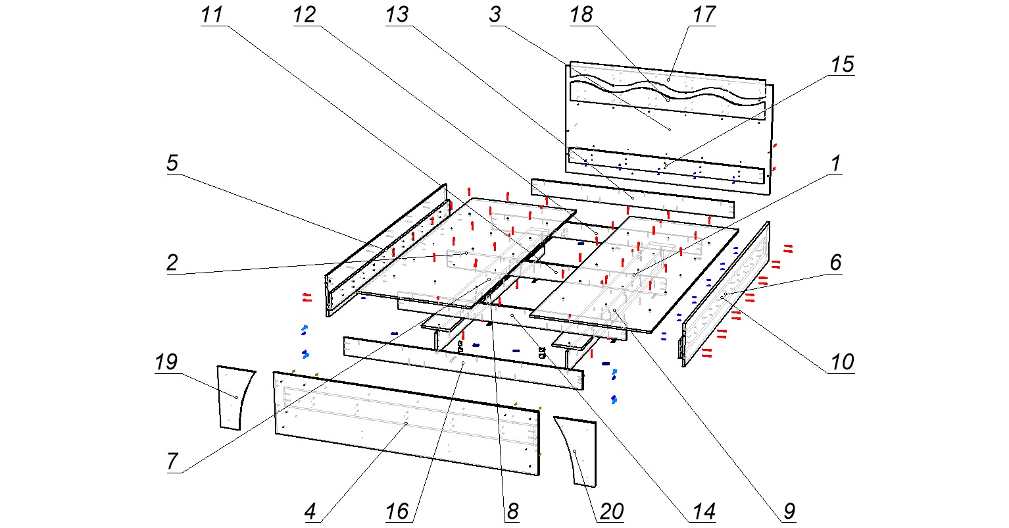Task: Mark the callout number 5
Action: point(172,164)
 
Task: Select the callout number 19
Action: point(166,363)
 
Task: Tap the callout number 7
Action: point(172,462)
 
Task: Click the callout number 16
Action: point(397,511)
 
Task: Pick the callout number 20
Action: point(612,511)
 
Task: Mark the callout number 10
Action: point(841,363)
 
